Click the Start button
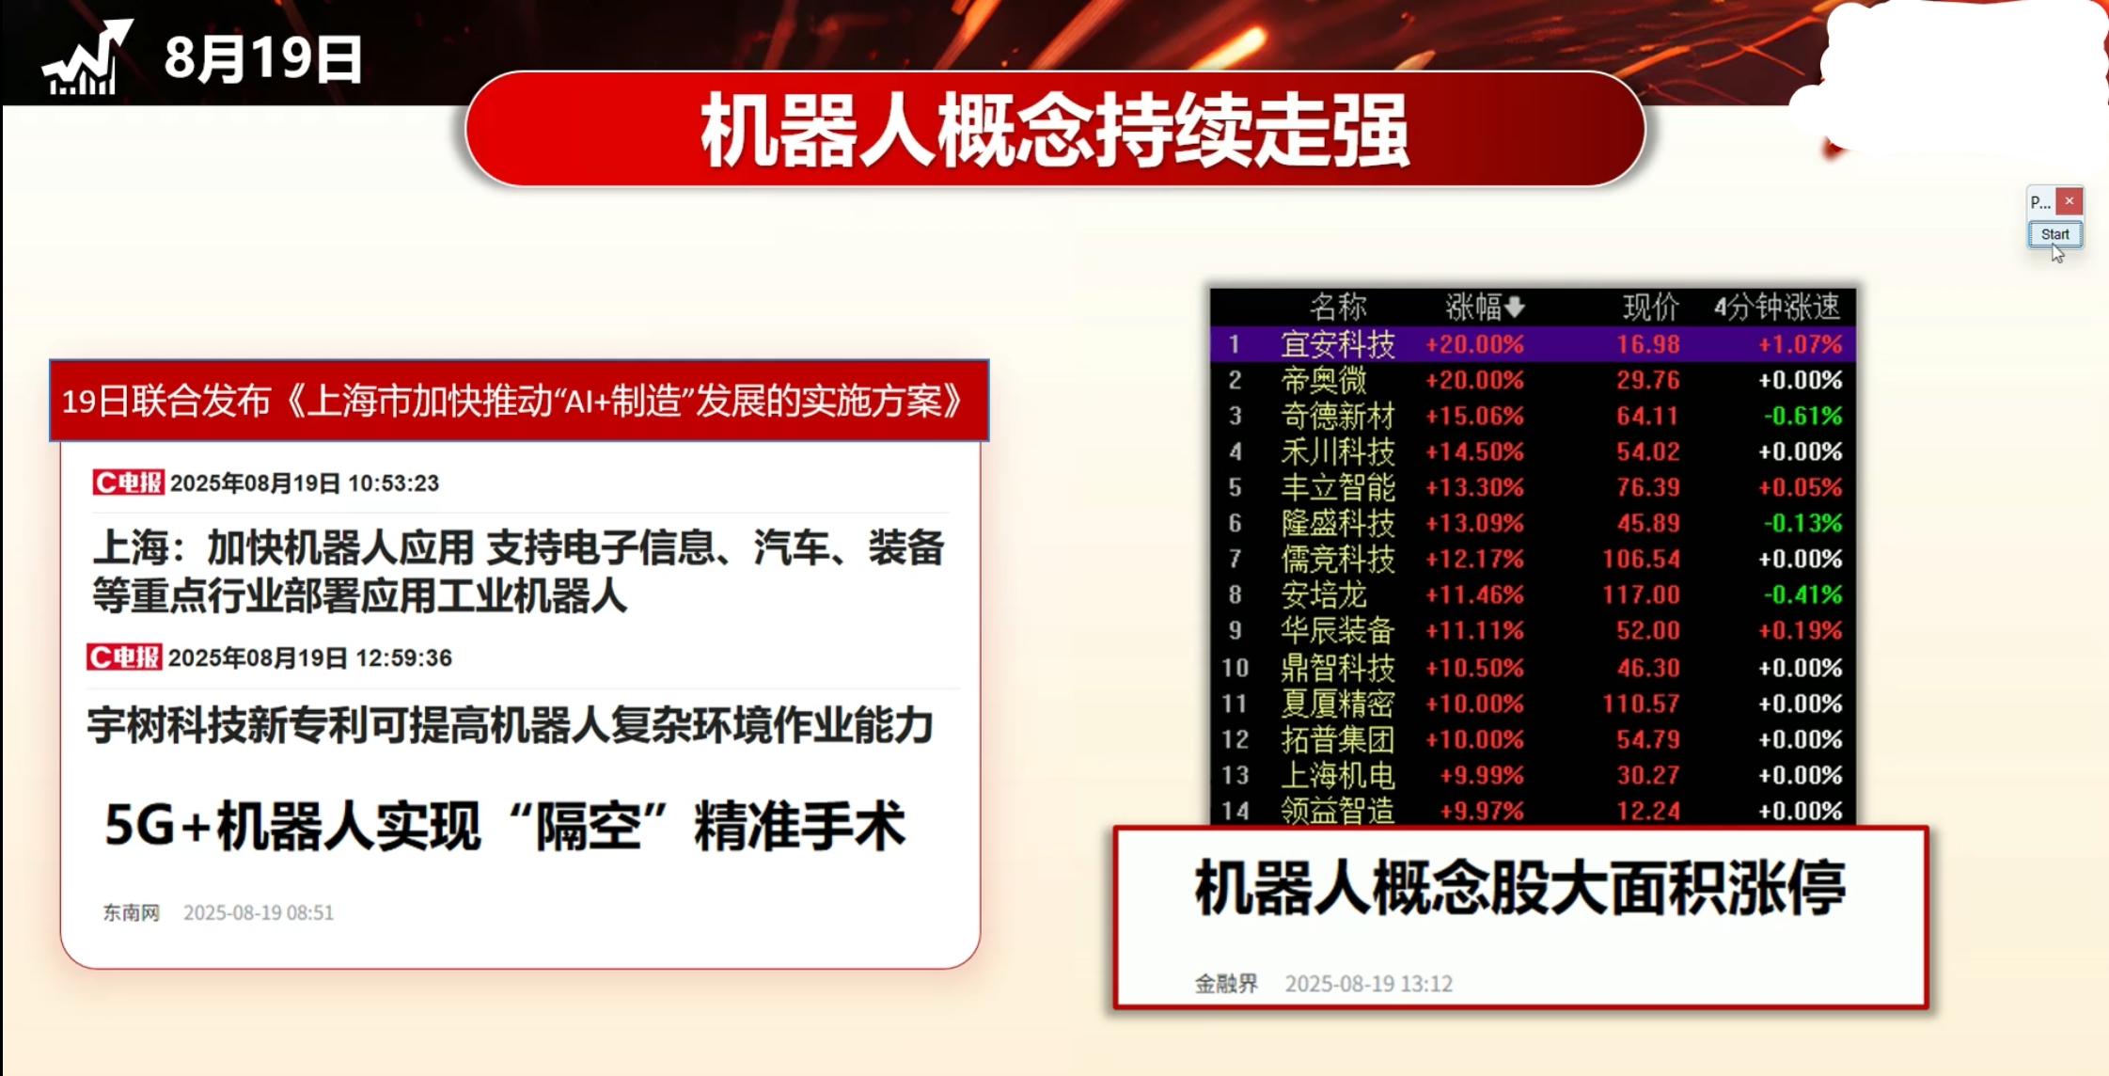point(2054,234)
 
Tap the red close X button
point(2069,200)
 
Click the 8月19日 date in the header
point(263,58)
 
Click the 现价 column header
point(1651,306)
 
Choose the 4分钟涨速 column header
point(1777,306)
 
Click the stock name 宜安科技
point(1338,344)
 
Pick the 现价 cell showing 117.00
point(1641,594)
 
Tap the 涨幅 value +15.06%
point(1474,416)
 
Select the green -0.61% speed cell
point(1802,416)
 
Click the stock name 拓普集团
point(1338,739)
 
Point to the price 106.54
point(1641,559)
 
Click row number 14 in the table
point(1235,811)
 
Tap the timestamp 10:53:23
point(393,483)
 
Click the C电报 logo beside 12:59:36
point(124,657)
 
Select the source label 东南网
point(132,912)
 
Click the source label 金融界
point(1226,984)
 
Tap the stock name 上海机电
point(1338,775)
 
